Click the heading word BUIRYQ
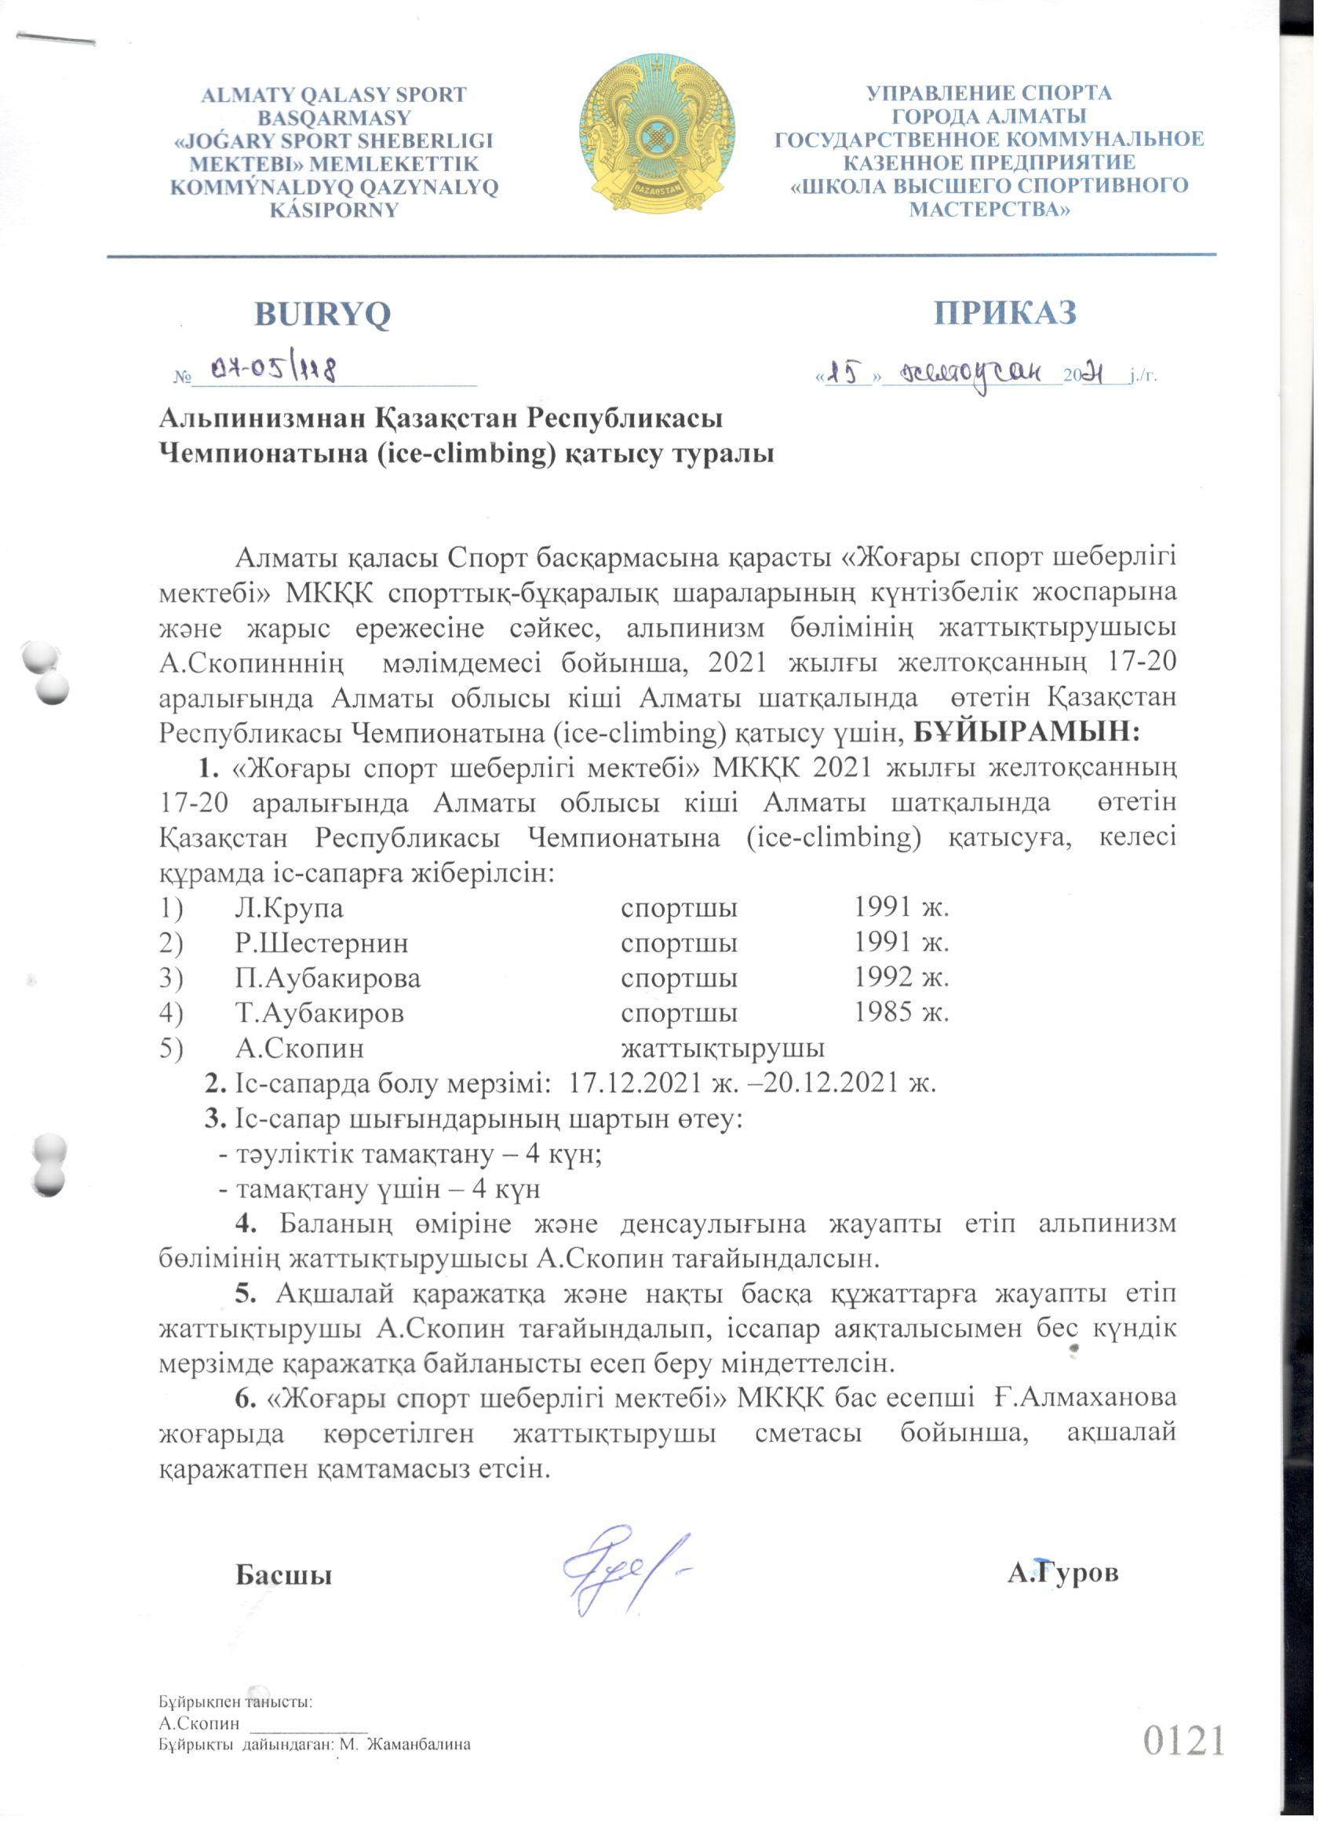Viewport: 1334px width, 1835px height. [322, 314]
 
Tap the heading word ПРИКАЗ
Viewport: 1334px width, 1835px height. [1004, 312]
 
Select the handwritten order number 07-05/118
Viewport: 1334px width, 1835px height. [272, 370]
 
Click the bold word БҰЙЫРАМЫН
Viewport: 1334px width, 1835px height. [1026, 733]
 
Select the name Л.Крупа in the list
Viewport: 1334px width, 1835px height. [289, 908]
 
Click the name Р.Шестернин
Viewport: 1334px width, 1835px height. [321, 943]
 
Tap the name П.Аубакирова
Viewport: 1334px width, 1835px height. [328, 978]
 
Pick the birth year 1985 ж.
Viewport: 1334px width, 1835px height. [901, 1012]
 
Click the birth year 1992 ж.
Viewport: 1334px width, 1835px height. [901, 977]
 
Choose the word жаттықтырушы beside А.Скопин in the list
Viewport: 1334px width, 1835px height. [723, 1049]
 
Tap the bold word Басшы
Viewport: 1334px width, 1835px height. [283, 1575]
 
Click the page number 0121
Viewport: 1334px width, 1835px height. [1183, 1740]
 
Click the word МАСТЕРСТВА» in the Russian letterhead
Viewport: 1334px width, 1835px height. [989, 210]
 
